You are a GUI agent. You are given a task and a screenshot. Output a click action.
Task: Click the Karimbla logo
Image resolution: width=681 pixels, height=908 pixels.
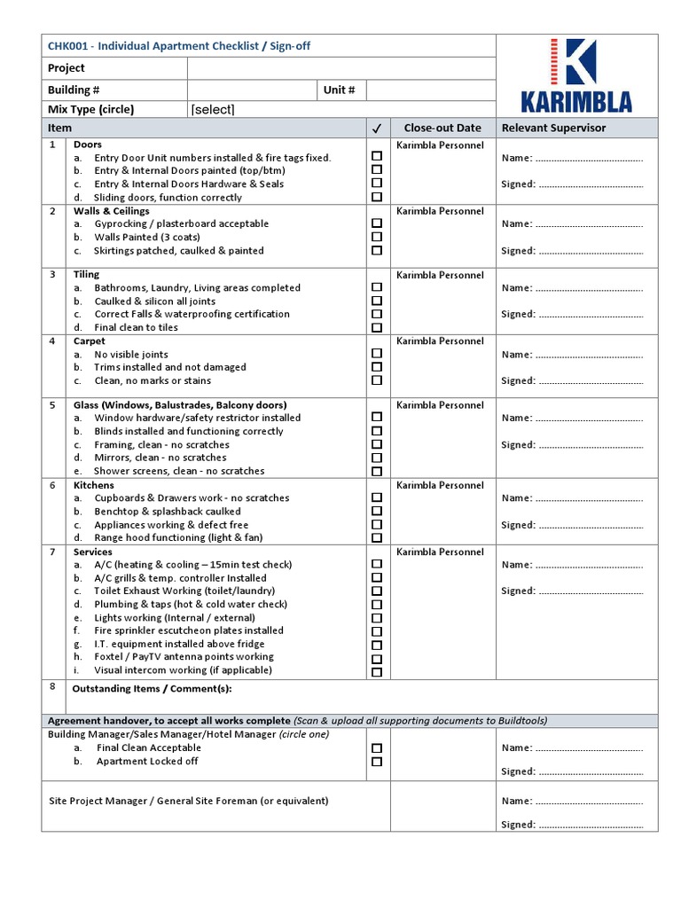tap(576, 75)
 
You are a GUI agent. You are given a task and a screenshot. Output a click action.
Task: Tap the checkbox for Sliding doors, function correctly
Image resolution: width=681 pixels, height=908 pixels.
tap(377, 197)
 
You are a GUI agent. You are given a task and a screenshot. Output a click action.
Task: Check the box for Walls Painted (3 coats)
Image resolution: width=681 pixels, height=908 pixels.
tap(377, 237)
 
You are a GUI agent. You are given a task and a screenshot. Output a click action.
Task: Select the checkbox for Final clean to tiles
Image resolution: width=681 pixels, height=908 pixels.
tap(377, 327)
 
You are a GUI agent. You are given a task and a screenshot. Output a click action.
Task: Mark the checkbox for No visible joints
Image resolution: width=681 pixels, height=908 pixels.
tap(377, 354)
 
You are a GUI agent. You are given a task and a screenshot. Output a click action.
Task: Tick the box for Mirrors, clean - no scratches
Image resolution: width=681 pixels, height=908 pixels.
tap(377, 458)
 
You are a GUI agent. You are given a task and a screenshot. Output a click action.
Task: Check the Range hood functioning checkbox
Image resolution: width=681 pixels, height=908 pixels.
tap(377, 537)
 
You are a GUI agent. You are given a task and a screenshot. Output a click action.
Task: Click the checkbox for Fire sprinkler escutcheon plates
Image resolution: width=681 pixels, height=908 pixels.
tap(377, 630)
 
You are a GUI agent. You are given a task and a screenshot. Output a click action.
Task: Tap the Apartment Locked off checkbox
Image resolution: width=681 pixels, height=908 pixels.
tap(377, 761)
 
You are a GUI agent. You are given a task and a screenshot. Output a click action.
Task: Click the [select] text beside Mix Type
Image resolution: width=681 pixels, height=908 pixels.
tap(213, 110)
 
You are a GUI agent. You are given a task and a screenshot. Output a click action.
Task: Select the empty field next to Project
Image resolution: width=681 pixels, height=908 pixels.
tap(341, 68)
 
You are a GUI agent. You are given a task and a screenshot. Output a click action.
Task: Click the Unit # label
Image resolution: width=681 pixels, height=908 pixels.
tap(340, 90)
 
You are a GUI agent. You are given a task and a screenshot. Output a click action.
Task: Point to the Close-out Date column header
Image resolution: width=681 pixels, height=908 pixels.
tap(442, 128)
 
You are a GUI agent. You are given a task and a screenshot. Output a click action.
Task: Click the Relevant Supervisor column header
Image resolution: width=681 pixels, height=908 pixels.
tap(554, 128)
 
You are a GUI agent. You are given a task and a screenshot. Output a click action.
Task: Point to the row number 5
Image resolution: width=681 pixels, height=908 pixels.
tap(52, 404)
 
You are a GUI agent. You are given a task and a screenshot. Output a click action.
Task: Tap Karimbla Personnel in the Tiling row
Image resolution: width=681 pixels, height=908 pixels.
tap(440, 275)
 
